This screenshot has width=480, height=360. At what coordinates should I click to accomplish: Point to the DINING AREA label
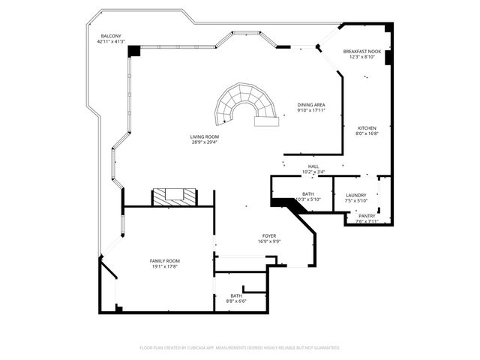coord(310,105)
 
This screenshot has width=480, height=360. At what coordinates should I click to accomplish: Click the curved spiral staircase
coord(243,105)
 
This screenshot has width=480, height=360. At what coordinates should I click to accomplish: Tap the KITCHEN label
coord(366,128)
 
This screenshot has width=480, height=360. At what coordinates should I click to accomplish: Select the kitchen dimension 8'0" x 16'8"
coord(366,133)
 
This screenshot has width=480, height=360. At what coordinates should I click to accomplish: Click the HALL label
coord(313,166)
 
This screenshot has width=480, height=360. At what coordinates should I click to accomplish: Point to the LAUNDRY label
coord(356,195)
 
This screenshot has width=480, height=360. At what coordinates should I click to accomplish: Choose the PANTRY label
coord(367,216)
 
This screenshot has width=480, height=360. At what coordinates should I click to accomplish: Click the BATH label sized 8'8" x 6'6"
coord(236,296)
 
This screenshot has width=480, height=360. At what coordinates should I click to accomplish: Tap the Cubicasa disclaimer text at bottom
coord(240,347)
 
